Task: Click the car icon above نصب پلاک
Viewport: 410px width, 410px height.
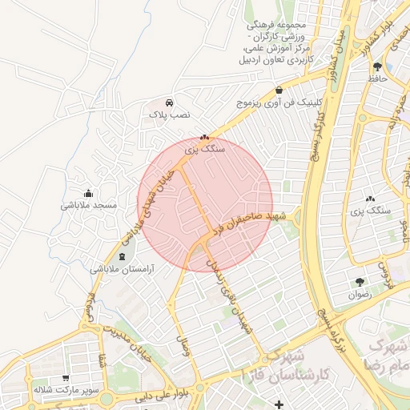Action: [170, 103]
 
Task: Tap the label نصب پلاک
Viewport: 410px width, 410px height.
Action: [170, 115]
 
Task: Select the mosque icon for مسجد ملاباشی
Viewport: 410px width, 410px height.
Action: [88, 193]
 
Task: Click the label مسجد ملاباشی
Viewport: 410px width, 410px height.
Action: [89, 205]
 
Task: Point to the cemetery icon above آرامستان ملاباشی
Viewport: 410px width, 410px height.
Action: [122, 256]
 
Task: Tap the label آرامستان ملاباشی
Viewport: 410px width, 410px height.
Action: [123, 270]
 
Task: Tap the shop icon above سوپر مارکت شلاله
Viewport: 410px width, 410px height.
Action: [65, 378]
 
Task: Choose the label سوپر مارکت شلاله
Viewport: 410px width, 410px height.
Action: [65, 391]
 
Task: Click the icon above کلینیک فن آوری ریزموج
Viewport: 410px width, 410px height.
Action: [279, 90]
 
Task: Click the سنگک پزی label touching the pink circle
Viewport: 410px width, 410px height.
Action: [205, 149]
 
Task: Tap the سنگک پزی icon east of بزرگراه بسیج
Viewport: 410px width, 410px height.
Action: [370, 199]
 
